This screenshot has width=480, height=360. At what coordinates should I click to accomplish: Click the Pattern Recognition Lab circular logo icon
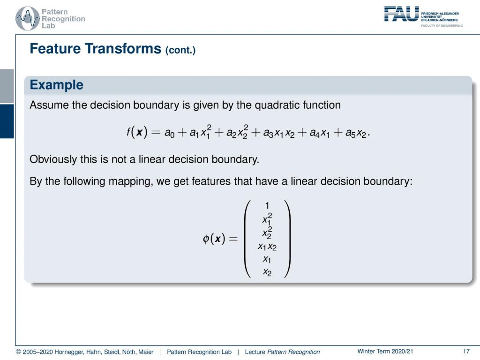pyautogui.click(x=28, y=19)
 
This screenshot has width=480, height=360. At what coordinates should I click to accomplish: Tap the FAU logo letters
pyautogui.click(x=401, y=14)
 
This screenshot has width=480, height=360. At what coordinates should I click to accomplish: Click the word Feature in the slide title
pyautogui.click(x=55, y=49)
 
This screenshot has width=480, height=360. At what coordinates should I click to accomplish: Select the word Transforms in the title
pyautogui.click(x=123, y=49)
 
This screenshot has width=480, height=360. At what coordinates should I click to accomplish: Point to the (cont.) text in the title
pyautogui.click(x=180, y=50)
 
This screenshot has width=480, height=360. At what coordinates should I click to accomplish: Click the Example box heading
pyautogui.click(x=57, y=85)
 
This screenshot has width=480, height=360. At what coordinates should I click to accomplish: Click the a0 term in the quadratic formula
pyautogui.click(x=169, y=133)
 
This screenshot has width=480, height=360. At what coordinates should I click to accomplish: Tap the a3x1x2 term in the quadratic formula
pyautogui.click(x=278, y=133)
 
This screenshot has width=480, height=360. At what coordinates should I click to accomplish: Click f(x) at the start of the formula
pyautogui.click(x=137, y=132)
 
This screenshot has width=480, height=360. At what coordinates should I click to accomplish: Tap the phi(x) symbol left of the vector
pyautogui.click(x=214, y=238)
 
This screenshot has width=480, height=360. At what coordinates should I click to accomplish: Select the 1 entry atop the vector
pyautogui.click(x=267, y=205)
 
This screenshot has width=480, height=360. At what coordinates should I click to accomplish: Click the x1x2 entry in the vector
pyautogui.click(x=267, y=247)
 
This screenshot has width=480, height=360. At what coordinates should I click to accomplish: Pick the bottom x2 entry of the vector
pyautogui.click(x=267, y=272)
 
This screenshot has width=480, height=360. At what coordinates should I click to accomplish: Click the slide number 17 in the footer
pyautogui.click(x=466, y=352)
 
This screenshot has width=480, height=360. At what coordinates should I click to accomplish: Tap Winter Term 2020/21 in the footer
pyautogui.click(x=385, y=352)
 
